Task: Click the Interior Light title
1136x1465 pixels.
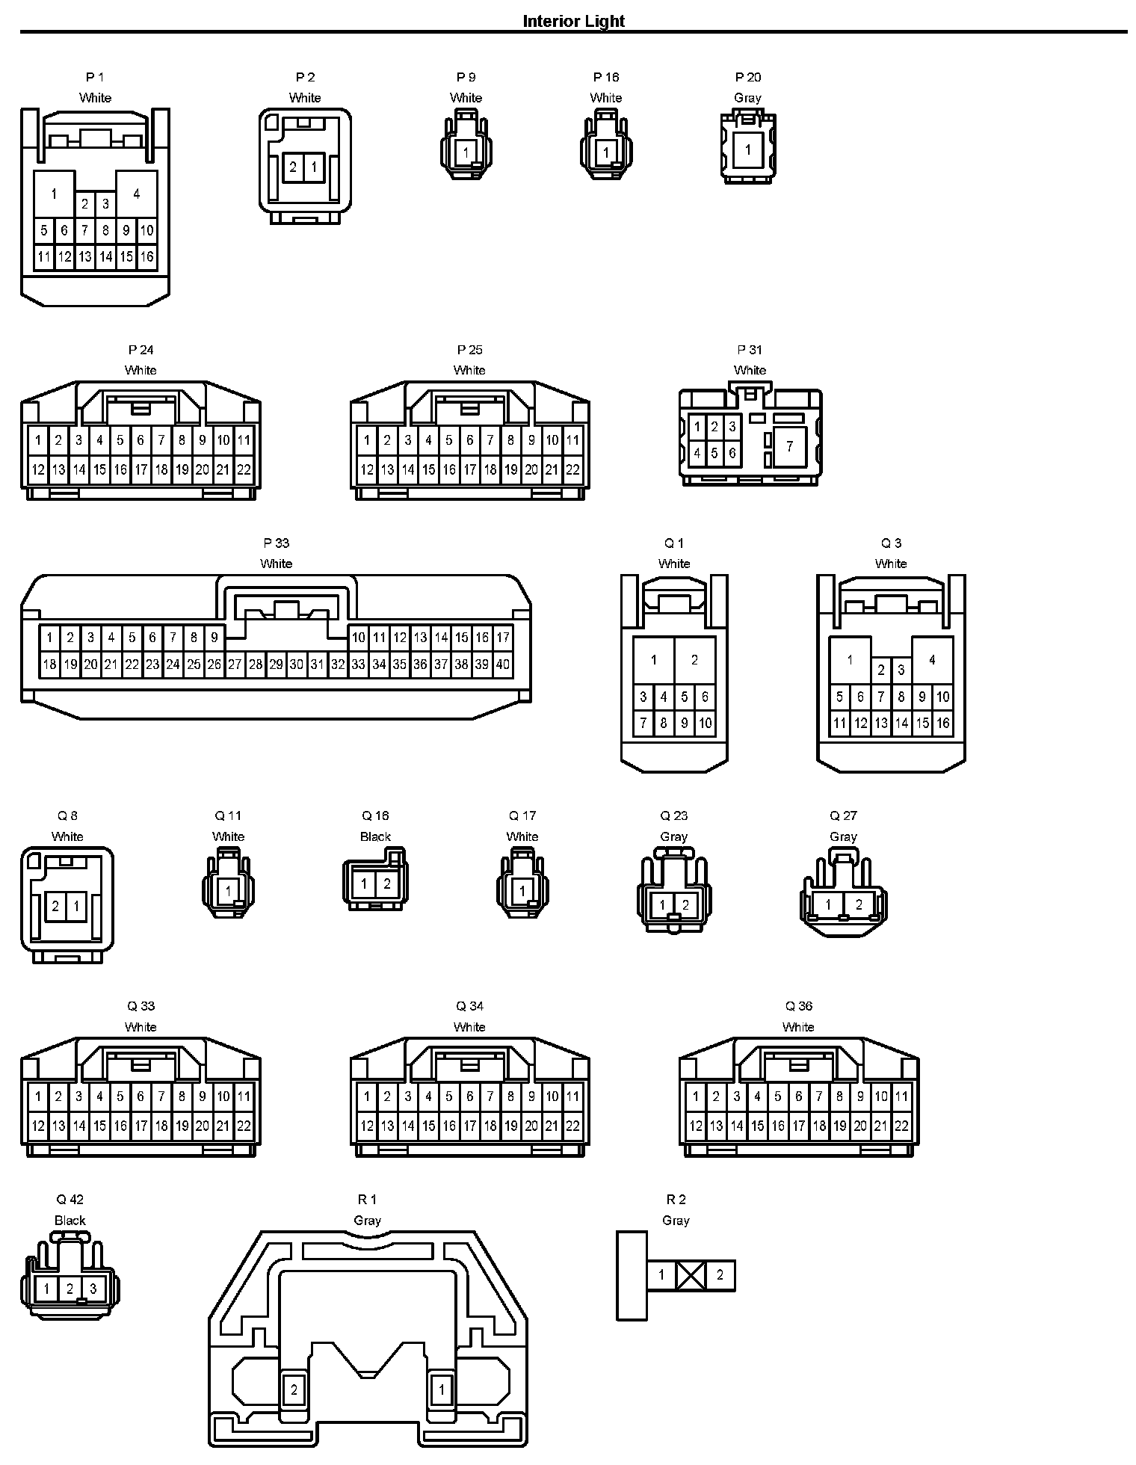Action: point(573,21)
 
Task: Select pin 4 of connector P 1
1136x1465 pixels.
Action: point(137,194)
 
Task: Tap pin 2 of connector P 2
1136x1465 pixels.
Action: point(293,167)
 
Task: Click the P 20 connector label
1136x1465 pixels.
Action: point(748,77)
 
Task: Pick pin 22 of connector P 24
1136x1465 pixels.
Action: point(244,470)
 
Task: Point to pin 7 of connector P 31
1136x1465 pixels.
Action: point(790,447)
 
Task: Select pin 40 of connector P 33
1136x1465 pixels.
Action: point(502,664)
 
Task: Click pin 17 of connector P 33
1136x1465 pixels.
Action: point(502,638)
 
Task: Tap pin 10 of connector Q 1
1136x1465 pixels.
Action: point(705,723)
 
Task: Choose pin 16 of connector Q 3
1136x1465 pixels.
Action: point(943,723)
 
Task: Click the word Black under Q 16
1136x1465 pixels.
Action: point(375,836)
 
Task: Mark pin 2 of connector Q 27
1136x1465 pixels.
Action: point(859,905)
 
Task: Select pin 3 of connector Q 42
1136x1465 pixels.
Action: point(93,1288)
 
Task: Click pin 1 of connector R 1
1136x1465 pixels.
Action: point(442,1390)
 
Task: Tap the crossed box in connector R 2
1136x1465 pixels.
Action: point(691,1275)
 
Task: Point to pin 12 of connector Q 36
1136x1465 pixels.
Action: point(696,1126)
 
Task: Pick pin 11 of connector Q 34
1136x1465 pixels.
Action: point(572,1097)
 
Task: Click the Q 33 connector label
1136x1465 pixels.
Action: point(141,1006)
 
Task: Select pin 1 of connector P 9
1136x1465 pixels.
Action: point(466,152)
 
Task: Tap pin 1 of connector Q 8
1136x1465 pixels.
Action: point(76,907)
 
